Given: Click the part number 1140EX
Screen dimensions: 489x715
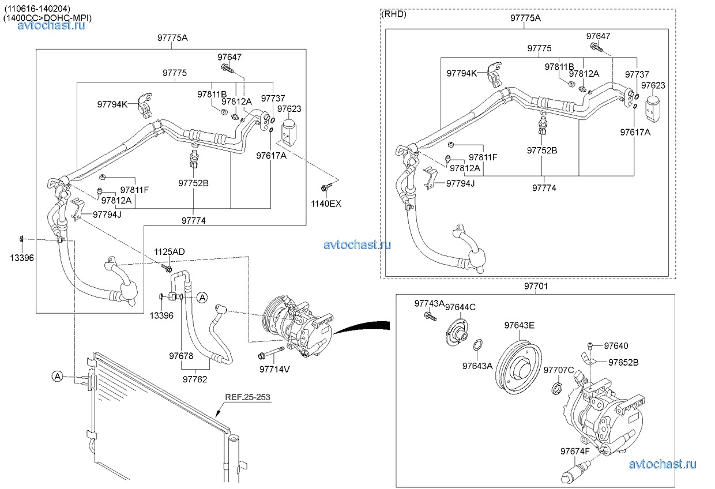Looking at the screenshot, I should tap(326, 203).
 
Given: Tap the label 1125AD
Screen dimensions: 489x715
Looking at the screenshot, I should tap(169, 252).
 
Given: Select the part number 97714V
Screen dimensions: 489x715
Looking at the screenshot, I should tap(274, 368).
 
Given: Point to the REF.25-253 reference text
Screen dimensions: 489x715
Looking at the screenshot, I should tap(247, 397).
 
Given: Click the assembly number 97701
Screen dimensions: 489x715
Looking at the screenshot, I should tap(536, 286).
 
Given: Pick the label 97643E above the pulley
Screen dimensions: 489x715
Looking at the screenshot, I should tap(519, 325).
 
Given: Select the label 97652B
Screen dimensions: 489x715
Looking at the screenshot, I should tap(622, 362).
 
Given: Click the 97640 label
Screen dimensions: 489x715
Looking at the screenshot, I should tap(616, 346).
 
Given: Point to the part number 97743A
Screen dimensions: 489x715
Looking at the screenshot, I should tap(429, 303).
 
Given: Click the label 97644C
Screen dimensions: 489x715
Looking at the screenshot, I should tap(460, 307).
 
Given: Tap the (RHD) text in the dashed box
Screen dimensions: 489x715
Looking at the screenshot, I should tap(394, 14).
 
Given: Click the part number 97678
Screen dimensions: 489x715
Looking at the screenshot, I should tap(181, 356).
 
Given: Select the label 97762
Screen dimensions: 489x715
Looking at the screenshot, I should tap(195, 379).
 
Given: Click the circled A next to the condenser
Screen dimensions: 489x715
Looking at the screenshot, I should tap(57, 377).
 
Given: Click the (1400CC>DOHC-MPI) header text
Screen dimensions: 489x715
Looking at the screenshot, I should tap(47, 18).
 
